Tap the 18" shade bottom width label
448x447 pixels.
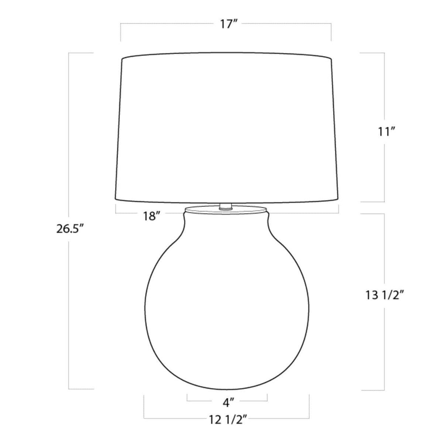pyautogui.click(x=152, y=216)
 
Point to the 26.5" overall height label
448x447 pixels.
pyautogui.click(x=70, y=229)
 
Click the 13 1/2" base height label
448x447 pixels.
pyautogui.click(x=386, y=296)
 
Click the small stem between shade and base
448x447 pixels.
pyautogui.click(x=225, y=206)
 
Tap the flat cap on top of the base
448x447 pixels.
pyautogui.click(x=226, y=209)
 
